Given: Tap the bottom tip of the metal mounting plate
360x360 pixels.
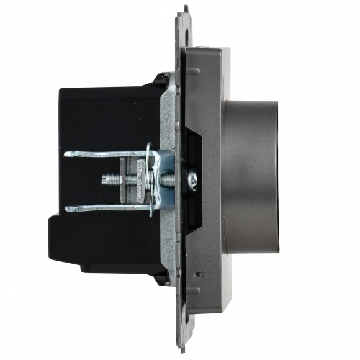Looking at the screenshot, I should pyautogui.click(x=184, y=348).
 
